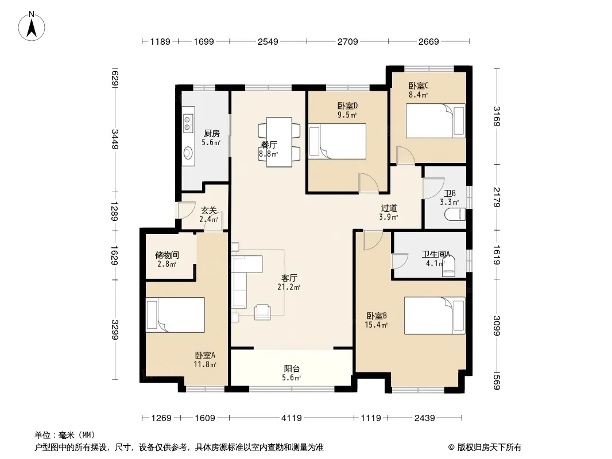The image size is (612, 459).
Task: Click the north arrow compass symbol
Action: point(32,26)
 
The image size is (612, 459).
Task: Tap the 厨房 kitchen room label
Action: point(211,134)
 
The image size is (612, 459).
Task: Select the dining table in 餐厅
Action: point(279,142)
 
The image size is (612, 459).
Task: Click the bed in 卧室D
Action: point(337,141)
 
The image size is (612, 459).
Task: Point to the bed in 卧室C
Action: point(436,120)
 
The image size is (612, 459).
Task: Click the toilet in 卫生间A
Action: point(448,267)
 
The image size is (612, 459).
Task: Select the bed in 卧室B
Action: point(435,316)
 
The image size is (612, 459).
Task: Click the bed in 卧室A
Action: point(175,315)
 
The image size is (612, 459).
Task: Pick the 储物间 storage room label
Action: point(166,255)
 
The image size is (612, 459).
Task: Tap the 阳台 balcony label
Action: point(292,368)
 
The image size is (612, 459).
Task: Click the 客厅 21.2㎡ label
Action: point(289,282)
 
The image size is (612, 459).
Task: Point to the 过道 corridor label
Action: point(389,208)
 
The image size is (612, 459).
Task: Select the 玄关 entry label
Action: point(209,211)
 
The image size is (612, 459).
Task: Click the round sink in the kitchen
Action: point(188,153)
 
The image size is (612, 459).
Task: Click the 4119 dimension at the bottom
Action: point(292,418)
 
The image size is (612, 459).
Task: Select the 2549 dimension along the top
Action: point(268,41)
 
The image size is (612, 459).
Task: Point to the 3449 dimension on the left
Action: point(115,139)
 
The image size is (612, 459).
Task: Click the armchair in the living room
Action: point(262,312)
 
